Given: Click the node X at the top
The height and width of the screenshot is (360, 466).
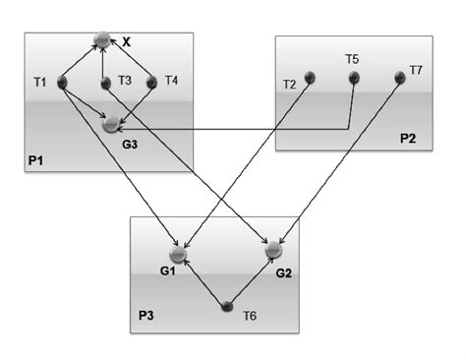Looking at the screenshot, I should click(x=101, y=40).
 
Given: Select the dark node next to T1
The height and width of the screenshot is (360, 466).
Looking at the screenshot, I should click(x=64, y=83).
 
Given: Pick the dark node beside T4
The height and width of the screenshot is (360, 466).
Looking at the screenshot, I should click(x=151, y=83).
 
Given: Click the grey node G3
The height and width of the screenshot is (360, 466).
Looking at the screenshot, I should click(x=111, y=125).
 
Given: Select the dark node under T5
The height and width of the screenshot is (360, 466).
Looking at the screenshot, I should click(x=353, y=78).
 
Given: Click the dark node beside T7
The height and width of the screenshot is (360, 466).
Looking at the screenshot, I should click(x=400, y=76).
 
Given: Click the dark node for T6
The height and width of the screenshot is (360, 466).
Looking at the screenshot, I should click(x=228, y=307).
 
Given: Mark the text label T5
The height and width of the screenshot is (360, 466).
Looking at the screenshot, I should click(x=352, y=59).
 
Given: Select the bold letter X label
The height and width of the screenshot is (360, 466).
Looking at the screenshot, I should click(x=126, y=42).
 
